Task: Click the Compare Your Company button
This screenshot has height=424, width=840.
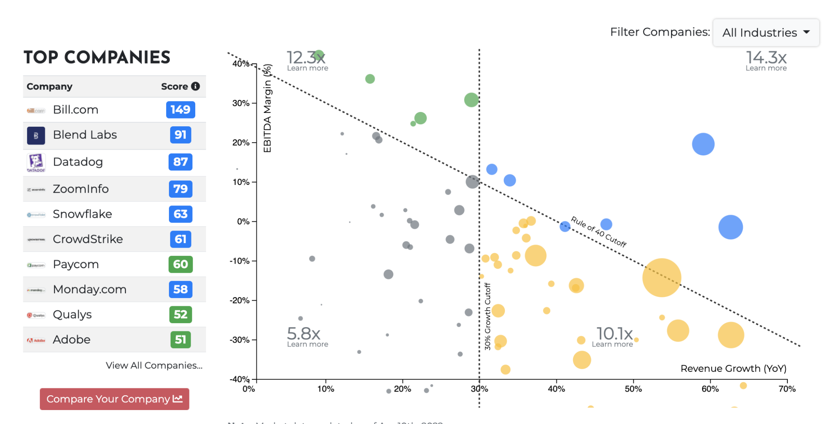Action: coord(114,399)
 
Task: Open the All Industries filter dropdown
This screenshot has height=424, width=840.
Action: coord(766,32)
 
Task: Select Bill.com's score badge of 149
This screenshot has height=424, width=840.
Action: coord(180,110)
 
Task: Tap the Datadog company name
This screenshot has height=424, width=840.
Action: coord(78,162)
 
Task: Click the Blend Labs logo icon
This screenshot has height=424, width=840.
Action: coord(36,135)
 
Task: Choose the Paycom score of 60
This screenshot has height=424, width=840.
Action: coord(180,264)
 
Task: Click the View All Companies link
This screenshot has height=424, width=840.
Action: coord(154,365)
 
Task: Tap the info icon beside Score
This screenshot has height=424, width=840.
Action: coord(196,86)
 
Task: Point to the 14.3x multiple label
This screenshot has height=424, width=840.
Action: coord(766,57)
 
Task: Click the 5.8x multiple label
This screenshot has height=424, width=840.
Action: coord(304,333)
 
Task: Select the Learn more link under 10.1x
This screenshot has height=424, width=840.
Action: coord(612,344)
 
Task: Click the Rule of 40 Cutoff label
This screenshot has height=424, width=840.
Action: coord(599,232)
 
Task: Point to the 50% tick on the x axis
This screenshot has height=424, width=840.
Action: coord(633,389)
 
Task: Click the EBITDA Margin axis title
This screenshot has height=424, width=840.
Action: coord(267,108)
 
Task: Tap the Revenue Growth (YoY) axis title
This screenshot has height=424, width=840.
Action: coord(733,369)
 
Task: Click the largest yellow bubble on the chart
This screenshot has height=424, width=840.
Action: coord(662,278)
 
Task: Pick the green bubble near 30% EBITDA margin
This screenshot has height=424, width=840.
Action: coord(471,100)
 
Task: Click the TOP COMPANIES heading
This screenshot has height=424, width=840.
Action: coord(97,57)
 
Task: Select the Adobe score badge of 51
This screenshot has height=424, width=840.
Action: coord(180,340)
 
